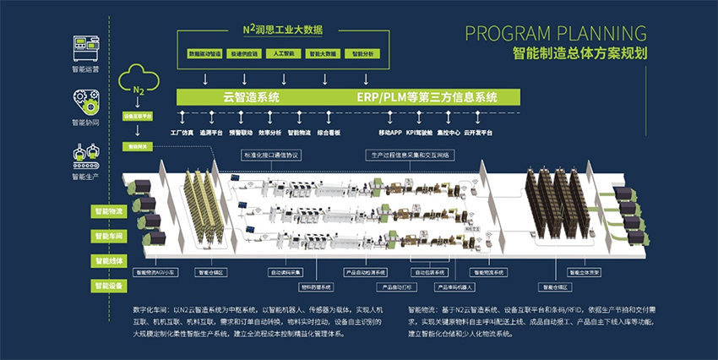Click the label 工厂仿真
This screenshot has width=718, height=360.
point(182,133)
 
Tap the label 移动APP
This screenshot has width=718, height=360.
point(390,133)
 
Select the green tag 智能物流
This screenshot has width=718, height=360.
point(108,210)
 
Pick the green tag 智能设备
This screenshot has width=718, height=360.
point(108,286)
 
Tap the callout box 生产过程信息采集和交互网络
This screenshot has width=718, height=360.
point(411,155)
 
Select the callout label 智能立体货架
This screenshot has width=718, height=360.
point(583,272)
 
